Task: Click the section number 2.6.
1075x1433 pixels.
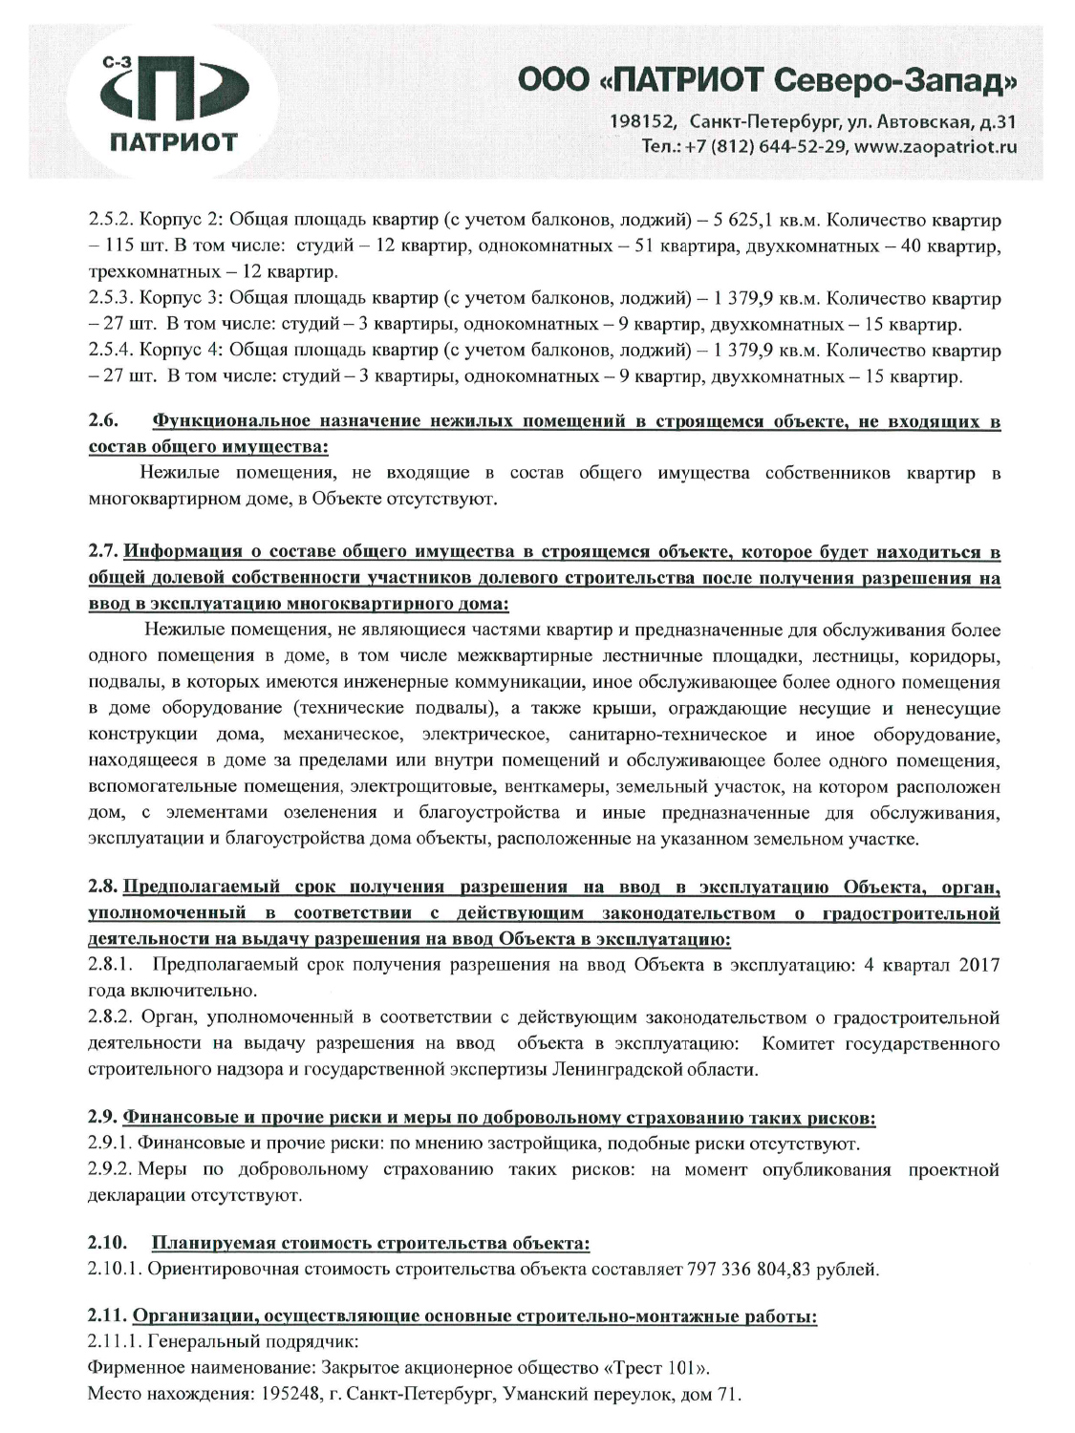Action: click(102, 420)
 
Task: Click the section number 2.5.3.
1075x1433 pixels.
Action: click(111, 298)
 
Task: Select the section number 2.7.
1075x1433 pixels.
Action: click(102, 552)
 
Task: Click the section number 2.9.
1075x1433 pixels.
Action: click(102, 1117)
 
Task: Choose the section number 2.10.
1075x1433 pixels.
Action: click(107, 1243)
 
